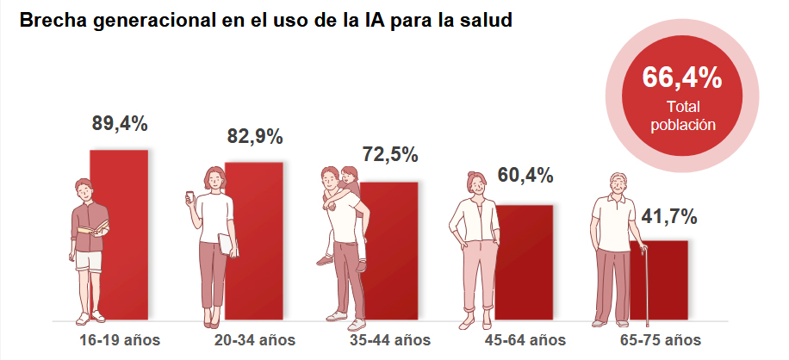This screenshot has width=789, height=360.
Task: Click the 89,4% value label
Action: [x=120, y=123]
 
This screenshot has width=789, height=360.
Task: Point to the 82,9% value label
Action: [x=255, y=136]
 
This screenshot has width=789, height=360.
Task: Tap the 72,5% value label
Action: [x=389, y=155]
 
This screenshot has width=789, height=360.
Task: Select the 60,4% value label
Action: [x=525, y=177]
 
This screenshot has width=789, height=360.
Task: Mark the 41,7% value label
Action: [x=668, y=216]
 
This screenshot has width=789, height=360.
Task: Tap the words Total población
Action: [x=682, y=115]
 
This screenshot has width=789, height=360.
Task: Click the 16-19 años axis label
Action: [x=119, y=339]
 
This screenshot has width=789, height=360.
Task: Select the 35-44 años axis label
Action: [x=389, y=339]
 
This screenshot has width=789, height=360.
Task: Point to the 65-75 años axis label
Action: [x=660, y=339]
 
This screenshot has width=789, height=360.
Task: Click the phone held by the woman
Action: [x=191, y=198]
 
